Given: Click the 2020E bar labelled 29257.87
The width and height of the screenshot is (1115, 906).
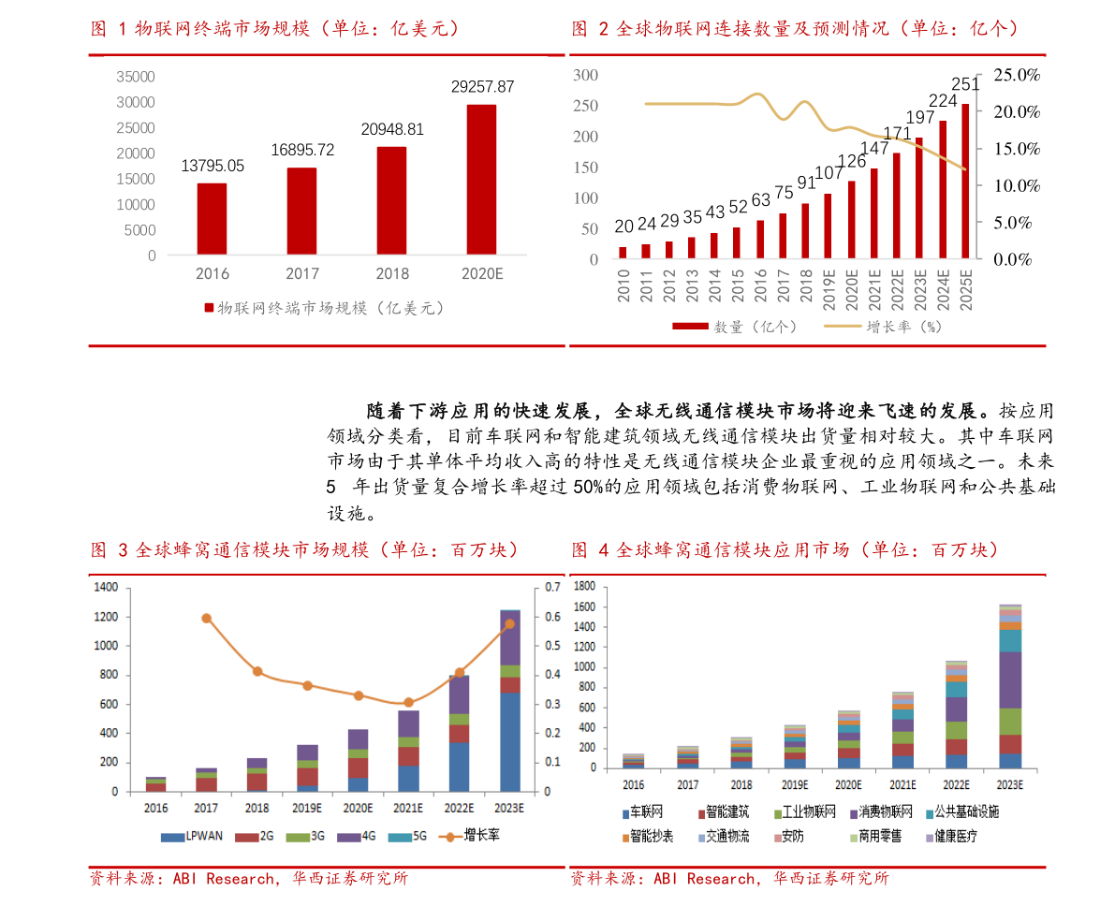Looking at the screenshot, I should (x=481, y=179).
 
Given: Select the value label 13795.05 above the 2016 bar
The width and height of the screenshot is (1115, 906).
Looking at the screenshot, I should (x=212, y=166).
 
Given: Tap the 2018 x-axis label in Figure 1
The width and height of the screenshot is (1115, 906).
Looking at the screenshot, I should (x=392, y=273).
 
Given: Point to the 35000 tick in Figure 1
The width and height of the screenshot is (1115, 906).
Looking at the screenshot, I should (x=137, y=76).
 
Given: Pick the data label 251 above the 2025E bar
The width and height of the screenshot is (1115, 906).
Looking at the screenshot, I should (x=964, y=85).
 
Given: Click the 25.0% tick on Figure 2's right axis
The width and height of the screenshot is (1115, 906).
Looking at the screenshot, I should (x=1017, y=75).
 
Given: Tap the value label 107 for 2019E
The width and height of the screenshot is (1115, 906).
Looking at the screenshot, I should (x=828, y=173).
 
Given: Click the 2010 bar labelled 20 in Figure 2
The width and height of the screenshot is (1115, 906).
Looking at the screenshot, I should (x=624, y=252).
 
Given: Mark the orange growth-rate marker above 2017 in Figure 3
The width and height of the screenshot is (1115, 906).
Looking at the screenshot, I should (x=207, y=619).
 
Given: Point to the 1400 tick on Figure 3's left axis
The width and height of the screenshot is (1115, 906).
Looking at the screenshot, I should (x=107, y=588).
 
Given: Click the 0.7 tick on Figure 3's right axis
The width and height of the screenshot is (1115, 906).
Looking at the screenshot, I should (x=551, y=588).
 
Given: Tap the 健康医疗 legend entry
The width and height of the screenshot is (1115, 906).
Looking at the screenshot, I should (x=951, y=837).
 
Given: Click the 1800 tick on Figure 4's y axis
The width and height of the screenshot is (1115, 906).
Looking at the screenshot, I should (x=584, y=587).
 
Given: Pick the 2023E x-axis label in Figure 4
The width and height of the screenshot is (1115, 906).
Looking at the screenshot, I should (x=1010, y=785).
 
